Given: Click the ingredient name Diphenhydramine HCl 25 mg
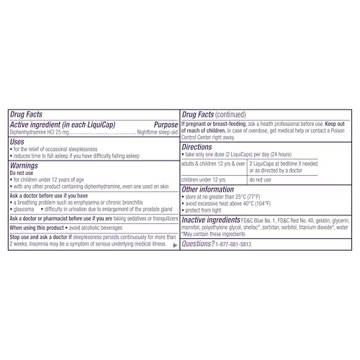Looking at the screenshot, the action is [40, 132].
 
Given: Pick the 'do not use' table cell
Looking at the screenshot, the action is [261, 179].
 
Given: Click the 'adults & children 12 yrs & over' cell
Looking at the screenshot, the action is [212, 164].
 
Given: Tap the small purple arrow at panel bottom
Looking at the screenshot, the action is [175, 246].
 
